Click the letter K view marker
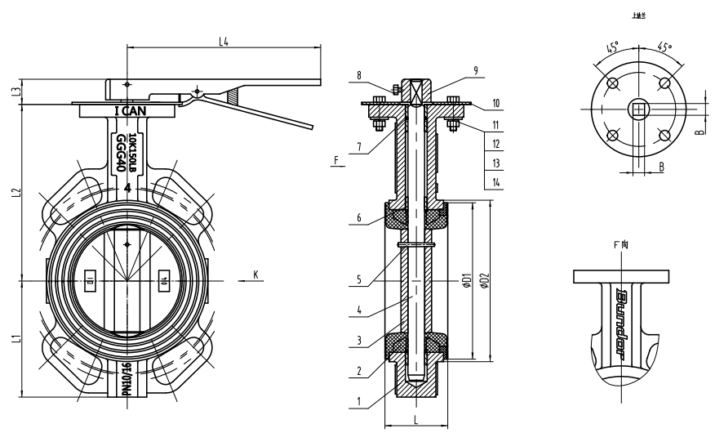tap(255, 275)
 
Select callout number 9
tap(474, 71)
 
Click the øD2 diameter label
tap(484, 282)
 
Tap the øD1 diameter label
tap(466, 282)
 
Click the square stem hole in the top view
tap(637, 109)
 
